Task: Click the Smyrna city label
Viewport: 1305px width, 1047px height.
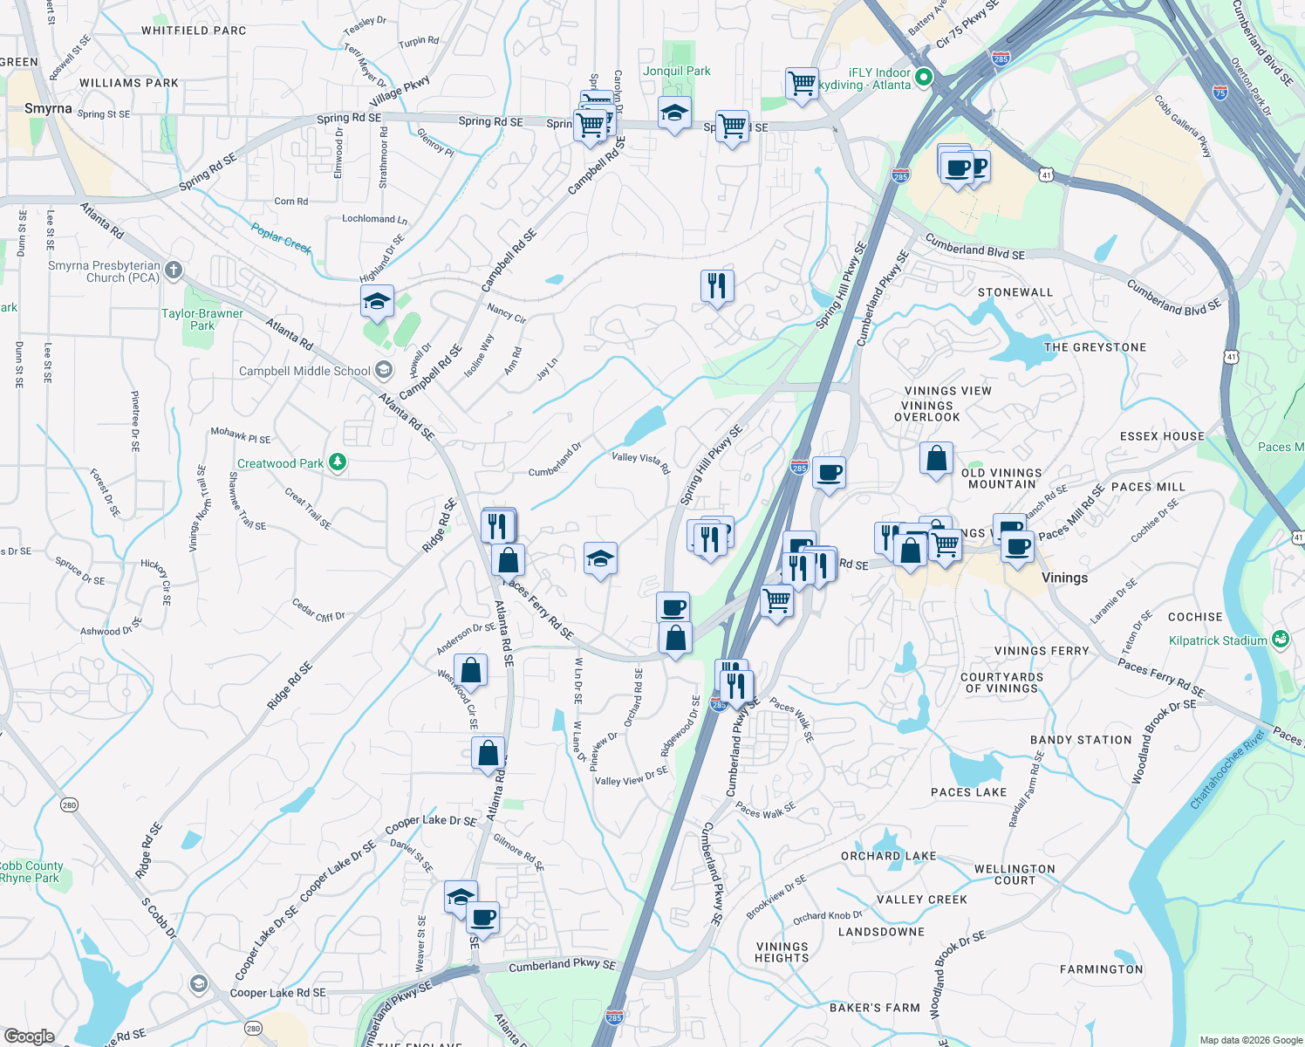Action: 48,109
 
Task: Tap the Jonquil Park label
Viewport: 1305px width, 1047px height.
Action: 677,72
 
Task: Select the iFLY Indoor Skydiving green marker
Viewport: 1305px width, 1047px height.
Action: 923,79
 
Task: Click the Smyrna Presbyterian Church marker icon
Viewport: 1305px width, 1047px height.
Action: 174,270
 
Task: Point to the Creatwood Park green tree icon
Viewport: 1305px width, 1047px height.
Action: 338,462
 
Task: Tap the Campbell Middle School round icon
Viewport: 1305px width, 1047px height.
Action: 383,370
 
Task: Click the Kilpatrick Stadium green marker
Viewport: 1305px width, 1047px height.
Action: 1280,640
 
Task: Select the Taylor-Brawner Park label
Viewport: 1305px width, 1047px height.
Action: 202,319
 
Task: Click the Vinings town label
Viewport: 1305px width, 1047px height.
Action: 1064,578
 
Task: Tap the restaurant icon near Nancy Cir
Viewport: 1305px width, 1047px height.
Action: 716,285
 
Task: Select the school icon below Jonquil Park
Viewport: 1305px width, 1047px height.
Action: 674,113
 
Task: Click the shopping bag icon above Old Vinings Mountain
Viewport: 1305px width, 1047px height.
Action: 936,458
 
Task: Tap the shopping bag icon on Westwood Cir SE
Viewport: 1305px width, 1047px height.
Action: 470,671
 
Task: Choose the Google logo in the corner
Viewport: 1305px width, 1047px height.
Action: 29,1036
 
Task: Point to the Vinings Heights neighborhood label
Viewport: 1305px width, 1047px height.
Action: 782,952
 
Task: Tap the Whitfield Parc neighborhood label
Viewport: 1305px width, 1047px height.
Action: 194,31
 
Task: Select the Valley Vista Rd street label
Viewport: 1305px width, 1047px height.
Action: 641,462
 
